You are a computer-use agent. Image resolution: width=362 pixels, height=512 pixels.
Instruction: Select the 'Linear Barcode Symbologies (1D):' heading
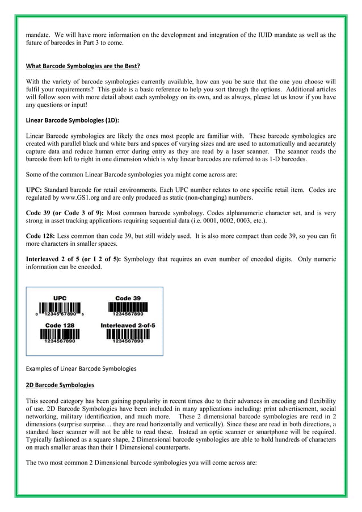click(73, 121)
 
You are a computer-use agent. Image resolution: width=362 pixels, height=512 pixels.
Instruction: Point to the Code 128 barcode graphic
click(60, 334)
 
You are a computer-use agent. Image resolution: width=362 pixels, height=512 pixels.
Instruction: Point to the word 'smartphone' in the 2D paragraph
click(276, 433)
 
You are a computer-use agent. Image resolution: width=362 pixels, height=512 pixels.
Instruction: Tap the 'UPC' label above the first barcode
click(60, 298)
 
